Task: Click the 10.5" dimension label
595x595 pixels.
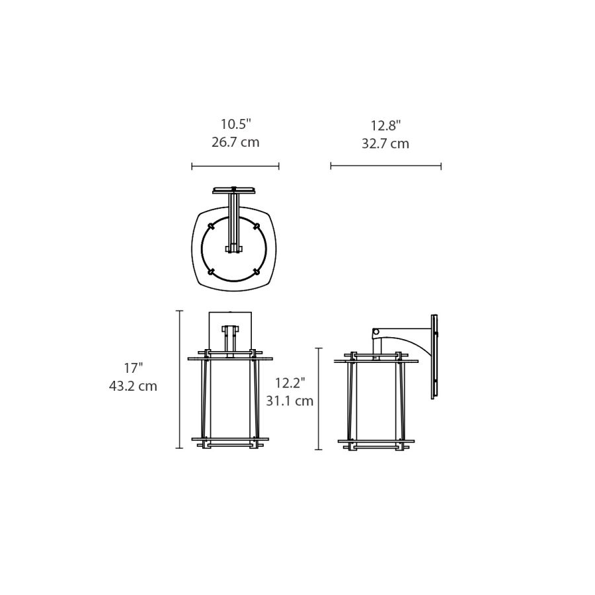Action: point(236,124)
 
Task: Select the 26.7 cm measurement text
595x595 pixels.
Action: point(235,142)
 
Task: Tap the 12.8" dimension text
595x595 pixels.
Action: point(385,125)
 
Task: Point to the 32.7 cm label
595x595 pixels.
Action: point(385,144)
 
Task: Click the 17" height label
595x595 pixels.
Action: point(133,368)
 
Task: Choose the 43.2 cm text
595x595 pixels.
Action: point(133,386)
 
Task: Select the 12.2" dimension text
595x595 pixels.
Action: point(290,383)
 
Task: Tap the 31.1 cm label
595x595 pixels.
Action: point(290,401)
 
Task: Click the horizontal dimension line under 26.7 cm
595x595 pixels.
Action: point(235,166)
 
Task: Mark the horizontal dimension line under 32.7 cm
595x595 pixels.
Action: point(386,166)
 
